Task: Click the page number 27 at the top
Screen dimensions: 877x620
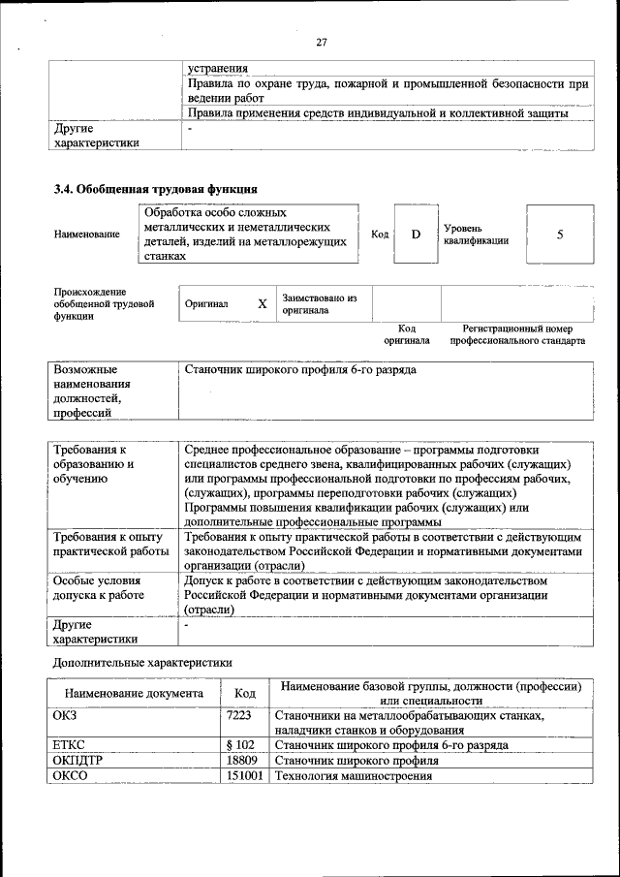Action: pyautogui.click(x=323, y=41)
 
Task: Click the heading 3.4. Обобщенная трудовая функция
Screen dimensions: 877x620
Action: pyautogui.click(x=155, y=189)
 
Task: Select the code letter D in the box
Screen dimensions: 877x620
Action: pyautogui.click(x=416, y=235)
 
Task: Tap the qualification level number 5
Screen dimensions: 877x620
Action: pyautogui.click(x=559, y=235)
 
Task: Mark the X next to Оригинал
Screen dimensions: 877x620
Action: pyautogui.click(x=262, y=304)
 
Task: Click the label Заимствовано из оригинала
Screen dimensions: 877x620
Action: pyautogui.click(x=320, y=304)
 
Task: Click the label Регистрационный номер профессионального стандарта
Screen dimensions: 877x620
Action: pyautogui.click(x=524, y=335)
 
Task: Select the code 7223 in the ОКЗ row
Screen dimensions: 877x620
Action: pyautogui.click(x=239, y=715)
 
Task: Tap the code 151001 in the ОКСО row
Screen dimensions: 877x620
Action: pyautogui.click(x=244, y=776)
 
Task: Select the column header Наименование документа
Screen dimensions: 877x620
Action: pyautogui.click(x=134, y=694)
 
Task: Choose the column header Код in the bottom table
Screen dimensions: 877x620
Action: pyautogui.click(x=245, y=694)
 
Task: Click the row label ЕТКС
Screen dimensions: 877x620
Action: pyautogui.click(x=71, y=745)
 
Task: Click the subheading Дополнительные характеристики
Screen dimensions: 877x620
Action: pyautogui.click(x=141, y=663)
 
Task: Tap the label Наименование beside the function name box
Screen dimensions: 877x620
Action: pyautogui.click(x=87, y=235)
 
